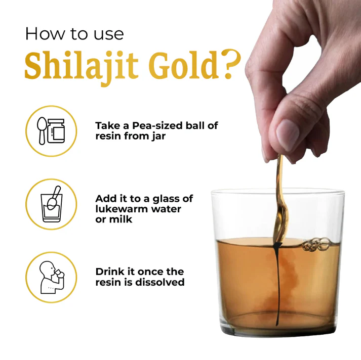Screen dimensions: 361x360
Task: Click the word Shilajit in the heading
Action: point(82,66)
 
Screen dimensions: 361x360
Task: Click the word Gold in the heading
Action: point(183,65)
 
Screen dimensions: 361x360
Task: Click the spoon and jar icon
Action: point(51,131)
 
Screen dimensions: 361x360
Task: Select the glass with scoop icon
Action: point(52,204)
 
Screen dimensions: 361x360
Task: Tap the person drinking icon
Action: point(52,277)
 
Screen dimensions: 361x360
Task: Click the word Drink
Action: point(110,272)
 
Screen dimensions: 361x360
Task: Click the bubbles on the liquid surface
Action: point(316,245)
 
